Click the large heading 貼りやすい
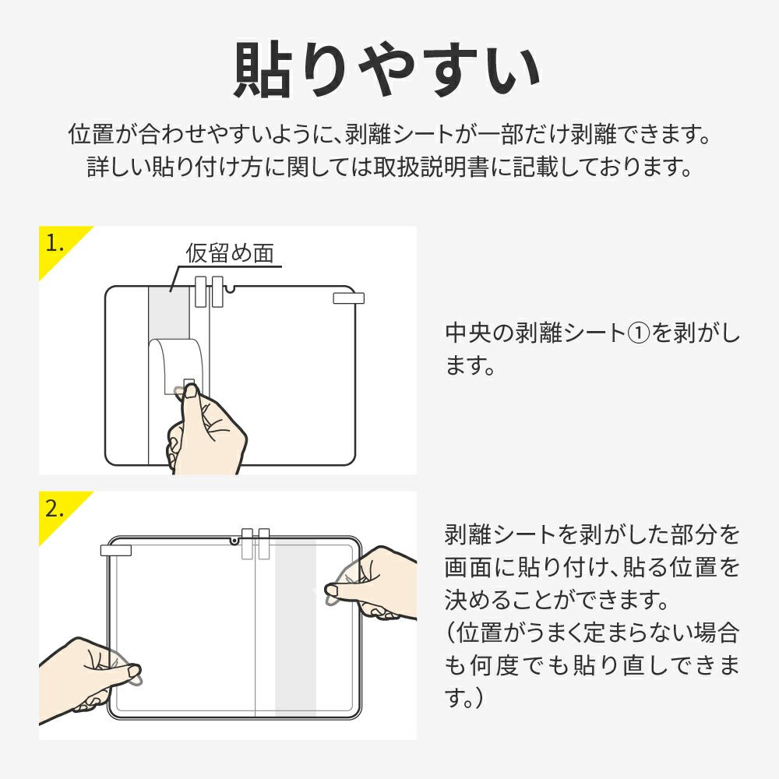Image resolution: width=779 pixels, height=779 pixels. (x=388, y=69)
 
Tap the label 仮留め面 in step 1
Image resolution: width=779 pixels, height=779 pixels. (x=230, y=253)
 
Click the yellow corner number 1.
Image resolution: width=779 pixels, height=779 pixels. (x=55, y=243)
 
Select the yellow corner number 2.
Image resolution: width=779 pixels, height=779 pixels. (x=55, y=508)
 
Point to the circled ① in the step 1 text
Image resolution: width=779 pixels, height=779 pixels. (x=639, y=333)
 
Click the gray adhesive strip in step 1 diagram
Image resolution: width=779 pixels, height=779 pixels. (x=169, y=313)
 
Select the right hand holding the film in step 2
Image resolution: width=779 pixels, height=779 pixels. (x=372, y=583)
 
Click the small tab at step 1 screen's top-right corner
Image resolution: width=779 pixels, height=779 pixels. (x=348, y=298)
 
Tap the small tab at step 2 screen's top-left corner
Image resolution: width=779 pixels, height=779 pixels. (x=116, y=551)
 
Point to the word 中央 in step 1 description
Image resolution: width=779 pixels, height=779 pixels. (x=467, y=333)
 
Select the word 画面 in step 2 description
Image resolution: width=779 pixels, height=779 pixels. (x=467, y=567)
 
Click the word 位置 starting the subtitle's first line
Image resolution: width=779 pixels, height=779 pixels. (x=91, y=135)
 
